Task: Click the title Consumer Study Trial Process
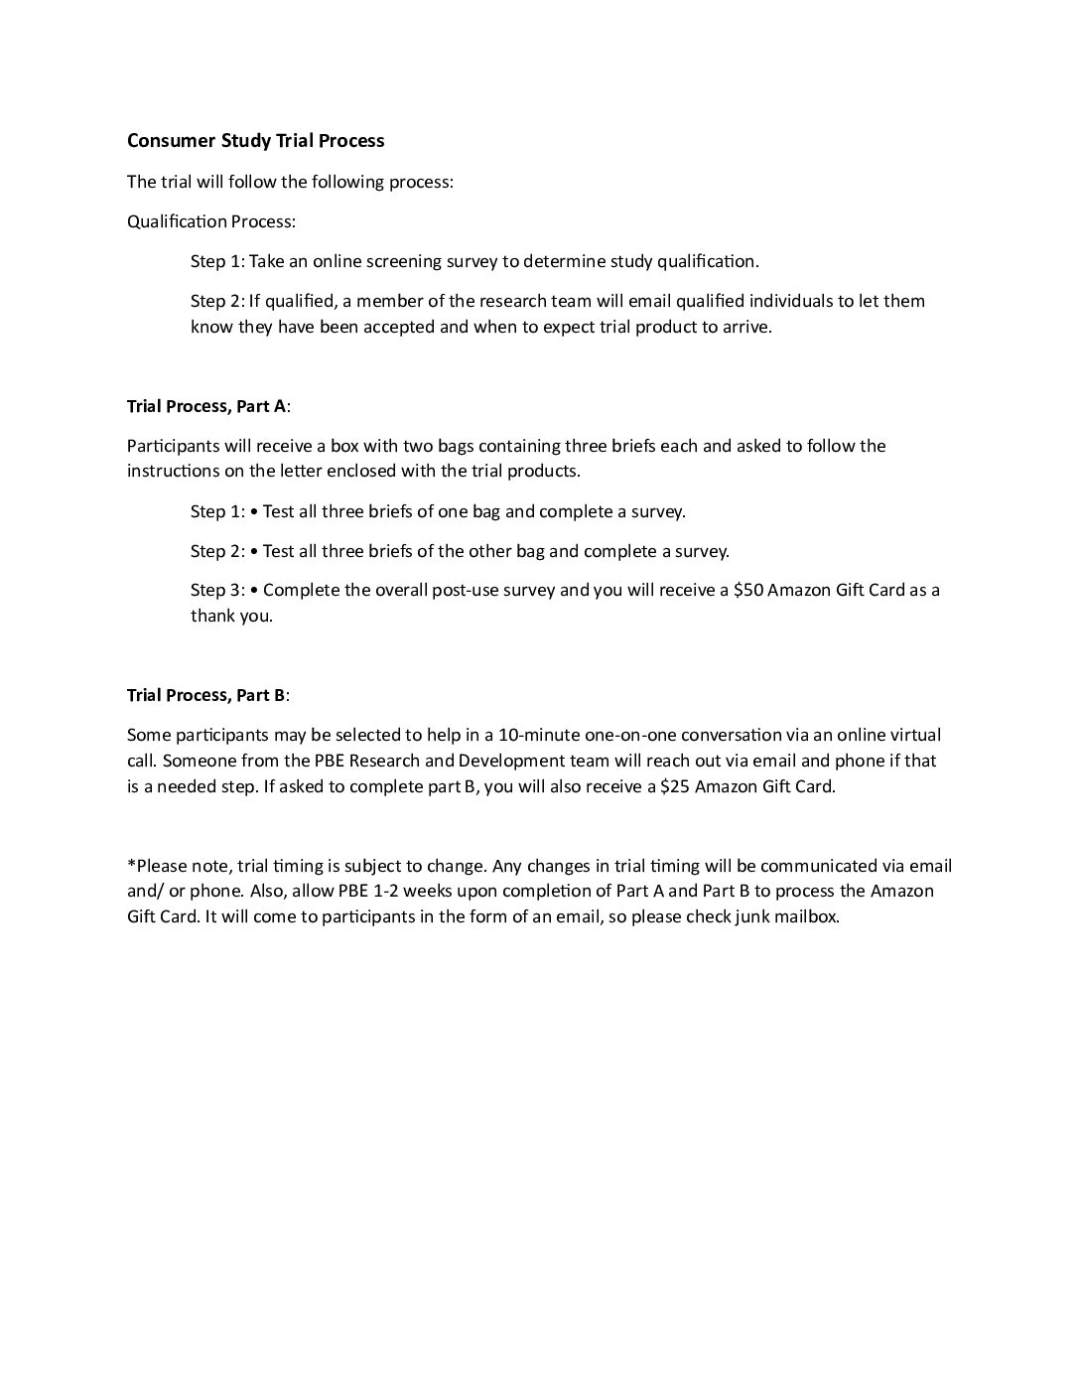click(255, 141)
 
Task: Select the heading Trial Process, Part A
click(206, 406)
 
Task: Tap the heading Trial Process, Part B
click(206, 695)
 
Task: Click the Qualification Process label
click(210, 221)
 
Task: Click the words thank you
click(230, 616)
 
